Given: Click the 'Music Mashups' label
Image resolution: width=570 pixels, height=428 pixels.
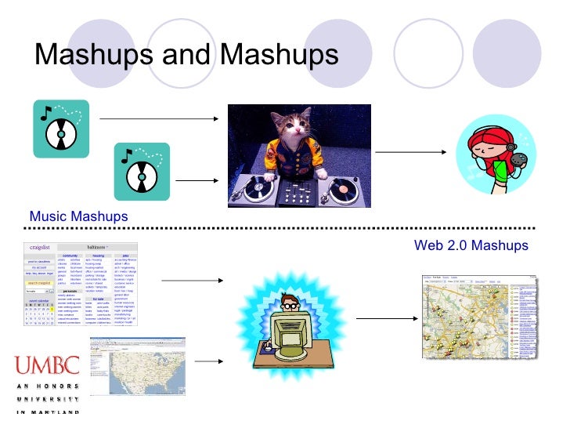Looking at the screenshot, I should [x=78, y=216].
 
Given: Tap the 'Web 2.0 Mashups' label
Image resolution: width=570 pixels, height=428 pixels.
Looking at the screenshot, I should [x=471, y=245].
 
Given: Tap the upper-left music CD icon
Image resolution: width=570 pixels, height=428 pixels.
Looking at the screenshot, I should [x=61, y=129].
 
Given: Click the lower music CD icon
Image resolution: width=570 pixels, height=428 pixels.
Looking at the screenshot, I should [x=142, y=171].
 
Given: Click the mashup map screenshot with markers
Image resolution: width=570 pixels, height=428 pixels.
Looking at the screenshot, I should [x=479, y=316].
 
